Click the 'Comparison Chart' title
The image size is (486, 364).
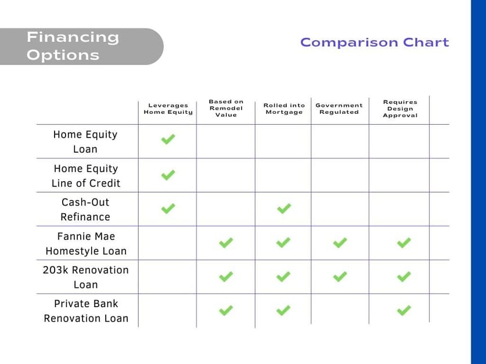point(375,42)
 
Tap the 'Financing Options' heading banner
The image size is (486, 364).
point(81,46)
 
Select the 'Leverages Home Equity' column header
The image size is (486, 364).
point(168,109)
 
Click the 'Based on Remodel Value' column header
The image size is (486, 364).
point(226,108)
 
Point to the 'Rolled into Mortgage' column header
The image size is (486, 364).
point(284,109)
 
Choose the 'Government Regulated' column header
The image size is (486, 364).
point(339,109)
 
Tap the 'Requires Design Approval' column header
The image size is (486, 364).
point(400,109)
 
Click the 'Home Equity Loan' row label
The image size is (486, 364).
point(85,142)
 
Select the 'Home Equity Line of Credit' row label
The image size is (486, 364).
point(86,176)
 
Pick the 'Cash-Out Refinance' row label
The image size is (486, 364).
point(85,210)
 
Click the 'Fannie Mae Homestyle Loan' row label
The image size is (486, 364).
point(86,243)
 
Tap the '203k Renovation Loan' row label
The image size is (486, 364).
point(85,277)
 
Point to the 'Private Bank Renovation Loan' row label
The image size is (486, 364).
point(86,311)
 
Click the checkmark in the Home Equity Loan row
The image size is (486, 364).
point(168,139)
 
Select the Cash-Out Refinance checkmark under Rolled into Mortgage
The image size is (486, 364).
point(283,208)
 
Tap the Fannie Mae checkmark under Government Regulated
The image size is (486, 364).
point(340,243)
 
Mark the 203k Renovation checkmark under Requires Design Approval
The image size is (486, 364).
point(404,277)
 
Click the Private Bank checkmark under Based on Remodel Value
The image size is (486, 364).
point(226,311)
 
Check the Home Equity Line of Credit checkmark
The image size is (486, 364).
point(168,175)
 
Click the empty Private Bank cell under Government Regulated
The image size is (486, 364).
point(340,310)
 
